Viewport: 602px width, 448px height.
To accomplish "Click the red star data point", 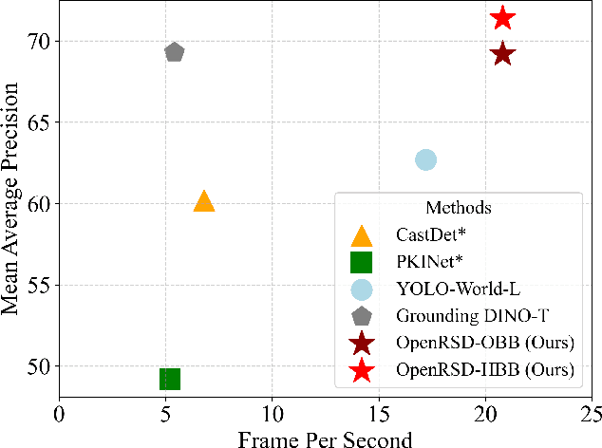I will (x=502, y=17).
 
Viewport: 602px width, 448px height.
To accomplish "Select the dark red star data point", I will (x=502, y=54).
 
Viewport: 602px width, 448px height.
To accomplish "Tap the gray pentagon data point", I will (x=175, y=52).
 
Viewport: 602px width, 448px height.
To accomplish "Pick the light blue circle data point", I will (x=425, y=159).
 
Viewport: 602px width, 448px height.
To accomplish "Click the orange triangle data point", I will (x=204, y=200).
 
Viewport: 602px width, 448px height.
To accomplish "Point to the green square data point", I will (x=170, y=380).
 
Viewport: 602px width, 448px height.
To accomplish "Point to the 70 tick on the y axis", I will (x=40, y=42).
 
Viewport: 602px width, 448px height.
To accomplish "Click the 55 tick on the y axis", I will (x=40, y=285).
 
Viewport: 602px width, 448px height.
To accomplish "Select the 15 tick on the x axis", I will (x=378, y=414).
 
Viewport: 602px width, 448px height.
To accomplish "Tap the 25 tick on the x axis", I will (x=591, y=414).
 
